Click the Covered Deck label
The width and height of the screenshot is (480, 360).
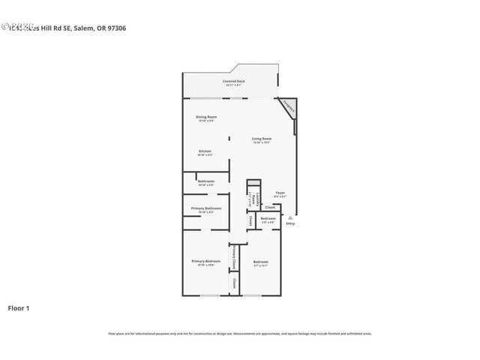(234, 81)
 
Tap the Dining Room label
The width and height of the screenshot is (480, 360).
(206, 117)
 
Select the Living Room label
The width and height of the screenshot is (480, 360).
(261, 139)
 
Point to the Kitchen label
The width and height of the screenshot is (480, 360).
(205, 151)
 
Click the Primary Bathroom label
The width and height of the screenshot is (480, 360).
(205, 208)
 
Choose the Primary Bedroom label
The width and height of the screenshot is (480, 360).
(205, 261)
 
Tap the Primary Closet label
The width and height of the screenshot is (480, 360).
(234, 256)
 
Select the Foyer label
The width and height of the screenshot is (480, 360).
(280, 193)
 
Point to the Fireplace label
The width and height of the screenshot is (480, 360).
(290, 107)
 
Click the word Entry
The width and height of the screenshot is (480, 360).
(290, 223)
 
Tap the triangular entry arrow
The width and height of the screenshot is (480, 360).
(290, 217)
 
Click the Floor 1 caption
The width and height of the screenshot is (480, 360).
(19, 307)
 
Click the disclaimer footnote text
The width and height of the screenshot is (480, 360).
(240, 333)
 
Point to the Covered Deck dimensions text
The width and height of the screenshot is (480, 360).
(234, 85)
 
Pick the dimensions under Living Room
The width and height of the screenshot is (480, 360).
(261, 143)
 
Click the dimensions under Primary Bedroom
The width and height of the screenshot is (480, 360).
(205, 265)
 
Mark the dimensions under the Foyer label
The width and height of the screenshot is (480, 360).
(280, 196)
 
